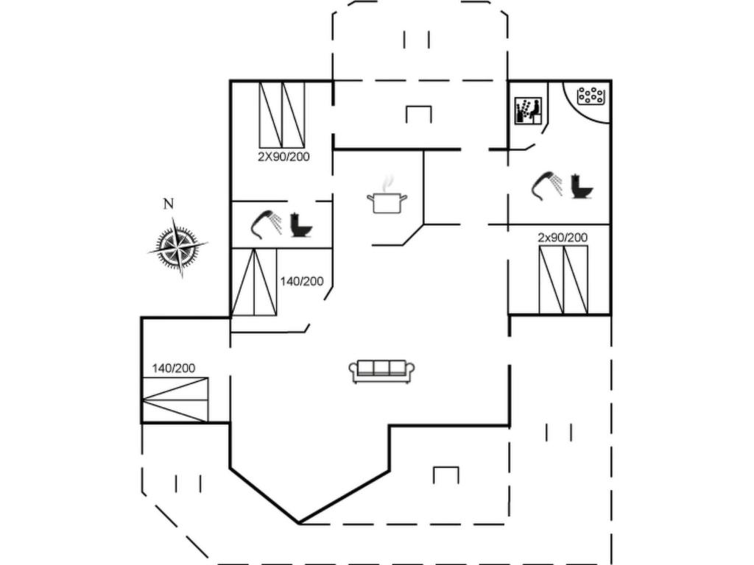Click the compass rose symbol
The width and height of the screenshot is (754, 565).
[177, 247]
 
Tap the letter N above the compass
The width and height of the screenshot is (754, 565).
[169, 205]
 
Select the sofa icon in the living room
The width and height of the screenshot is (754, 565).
[382, 372]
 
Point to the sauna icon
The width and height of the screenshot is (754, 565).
[528, 111]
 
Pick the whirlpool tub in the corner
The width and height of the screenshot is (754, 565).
[588, 101]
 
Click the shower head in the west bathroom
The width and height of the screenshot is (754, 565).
[266, 225]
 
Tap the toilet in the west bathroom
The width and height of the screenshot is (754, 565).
[301, 225]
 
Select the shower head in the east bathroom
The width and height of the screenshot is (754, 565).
[546, 186]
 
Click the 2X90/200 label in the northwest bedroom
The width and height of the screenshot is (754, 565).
[283, 157]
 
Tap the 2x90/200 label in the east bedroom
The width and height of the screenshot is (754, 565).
[563, 238]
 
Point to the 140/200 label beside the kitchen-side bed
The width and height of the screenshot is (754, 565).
[302, 282]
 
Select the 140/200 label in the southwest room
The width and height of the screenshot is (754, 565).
[174, 369]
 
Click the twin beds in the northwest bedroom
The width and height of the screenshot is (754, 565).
[282, 115]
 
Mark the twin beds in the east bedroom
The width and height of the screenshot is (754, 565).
[563, 280]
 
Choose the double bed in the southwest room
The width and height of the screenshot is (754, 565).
[175, 399]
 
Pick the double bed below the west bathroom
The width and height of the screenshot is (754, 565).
[254, 282]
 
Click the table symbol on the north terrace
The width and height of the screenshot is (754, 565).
[418, 114]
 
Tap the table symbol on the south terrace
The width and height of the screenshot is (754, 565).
[445, 475]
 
